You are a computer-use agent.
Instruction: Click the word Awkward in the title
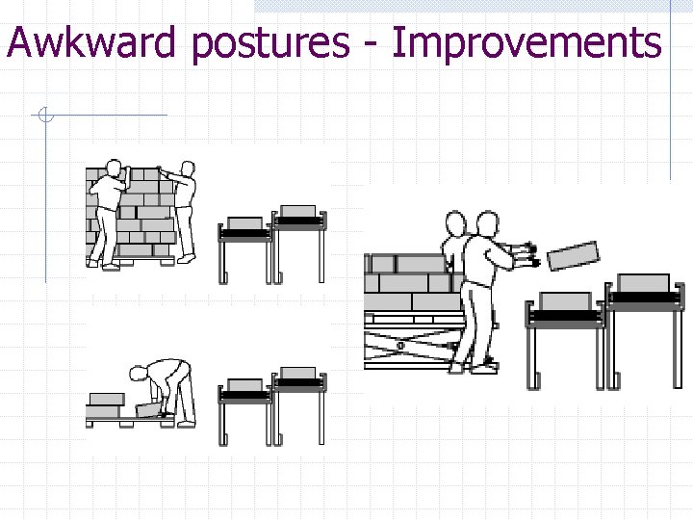(x=92, y=42)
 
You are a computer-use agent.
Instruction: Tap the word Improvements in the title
(x=526, y=42)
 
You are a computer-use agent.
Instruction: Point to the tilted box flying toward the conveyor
(x=573, y=253)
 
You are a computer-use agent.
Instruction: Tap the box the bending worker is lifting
(x=150, y=409)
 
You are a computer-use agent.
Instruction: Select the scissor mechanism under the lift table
(x=409, y=343)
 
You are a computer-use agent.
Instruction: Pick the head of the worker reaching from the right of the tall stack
(x=187, y=170)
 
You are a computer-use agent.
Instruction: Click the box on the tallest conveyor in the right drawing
(x=643, y=282)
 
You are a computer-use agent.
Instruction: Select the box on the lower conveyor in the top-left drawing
(x=244, y=223)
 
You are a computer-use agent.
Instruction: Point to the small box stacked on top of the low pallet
(x=106, y=398)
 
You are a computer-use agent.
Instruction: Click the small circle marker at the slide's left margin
(x=44, y=117)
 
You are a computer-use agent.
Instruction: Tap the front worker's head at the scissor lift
(x=487, y=223)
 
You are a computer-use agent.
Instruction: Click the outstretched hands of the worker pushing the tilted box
(x=527, y=252)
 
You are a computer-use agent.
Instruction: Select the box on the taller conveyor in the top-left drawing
(x=298, y=211)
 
